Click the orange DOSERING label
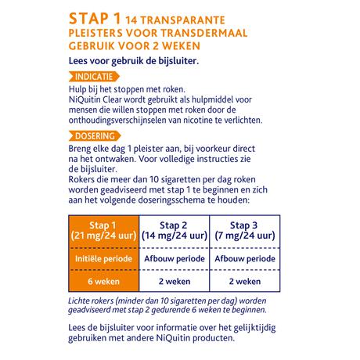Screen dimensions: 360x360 (94, 135)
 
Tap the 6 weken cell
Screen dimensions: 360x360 (110, 282)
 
